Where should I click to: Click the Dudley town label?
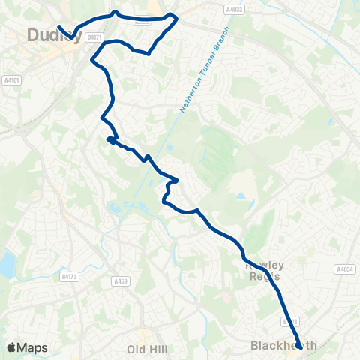pyautogui.click(x=52, y=34)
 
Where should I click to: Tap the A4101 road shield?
pyautogui.click(x=11, y=79)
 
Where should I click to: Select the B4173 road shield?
pyautogui.click(x=69, y=276)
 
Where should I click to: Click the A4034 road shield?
pyautogui.click(x=345, y=268)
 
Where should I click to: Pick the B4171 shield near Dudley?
pyautogui.click(x=94, y=36)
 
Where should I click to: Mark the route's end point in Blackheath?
pyautogui.click(x=298, y=346)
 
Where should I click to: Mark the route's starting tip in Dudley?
pyautogui.click(x=58, y=27)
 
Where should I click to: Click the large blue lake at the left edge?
pyautogui.click(x=6, y=263)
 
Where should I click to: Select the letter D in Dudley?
pyautogui.click(x=33, y=34)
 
